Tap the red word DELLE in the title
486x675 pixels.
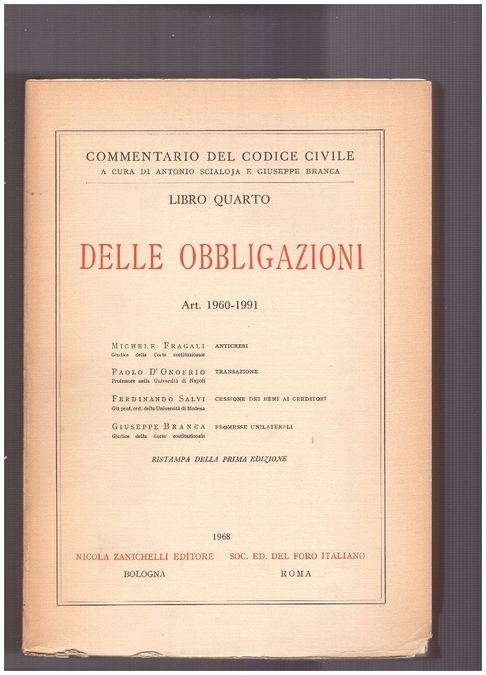[121, 257]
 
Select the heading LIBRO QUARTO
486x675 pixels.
[219, 199]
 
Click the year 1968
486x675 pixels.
[222, 536]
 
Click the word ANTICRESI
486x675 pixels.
[231, 346]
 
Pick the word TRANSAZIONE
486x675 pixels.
[237, 372]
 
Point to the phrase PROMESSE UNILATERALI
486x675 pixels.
[253, 427]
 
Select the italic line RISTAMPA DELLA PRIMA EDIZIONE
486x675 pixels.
[219, 459]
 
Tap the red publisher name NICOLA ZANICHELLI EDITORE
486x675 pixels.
[145, 556]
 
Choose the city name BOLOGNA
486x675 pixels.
[145, 574]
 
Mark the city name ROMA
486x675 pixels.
[296, 574]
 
